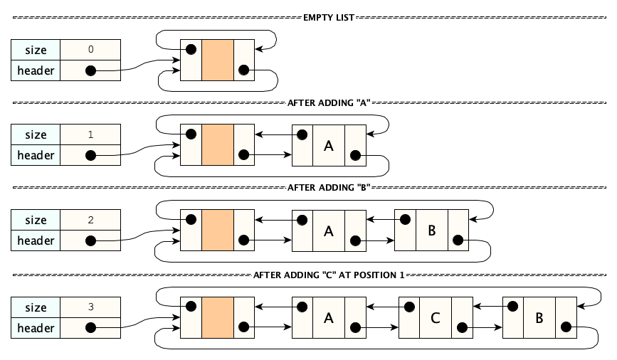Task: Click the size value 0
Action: [90, 50]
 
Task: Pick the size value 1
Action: [90, 134]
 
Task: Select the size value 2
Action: [90, 220]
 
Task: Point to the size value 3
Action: [90, 307]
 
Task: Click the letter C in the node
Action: [436, 318]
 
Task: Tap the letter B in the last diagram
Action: [539, 318]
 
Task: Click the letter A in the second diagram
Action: [329, 146]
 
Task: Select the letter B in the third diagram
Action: [431, 231]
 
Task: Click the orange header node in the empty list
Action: [218, 60]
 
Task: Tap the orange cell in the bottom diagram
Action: [218, 318]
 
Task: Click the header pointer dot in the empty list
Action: [90, 70]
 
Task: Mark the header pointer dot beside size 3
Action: [90, 328]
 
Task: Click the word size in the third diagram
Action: [36, 220]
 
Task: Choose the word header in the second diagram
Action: [36, 155]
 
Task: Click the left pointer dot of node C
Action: [409, 307]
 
